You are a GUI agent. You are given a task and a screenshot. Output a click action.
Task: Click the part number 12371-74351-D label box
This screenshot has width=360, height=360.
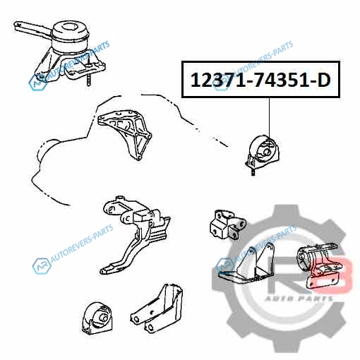[x=260, y=79]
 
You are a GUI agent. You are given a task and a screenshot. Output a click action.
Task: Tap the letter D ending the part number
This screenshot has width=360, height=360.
[x=323, y=80]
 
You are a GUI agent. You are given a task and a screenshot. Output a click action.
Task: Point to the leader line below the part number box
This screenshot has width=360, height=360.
[x=269, y=116]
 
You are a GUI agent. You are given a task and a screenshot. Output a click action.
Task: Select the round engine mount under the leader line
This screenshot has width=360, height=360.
[x=262, y=152]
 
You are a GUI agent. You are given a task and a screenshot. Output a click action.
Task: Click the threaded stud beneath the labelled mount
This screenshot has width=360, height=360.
[x=253, y=172]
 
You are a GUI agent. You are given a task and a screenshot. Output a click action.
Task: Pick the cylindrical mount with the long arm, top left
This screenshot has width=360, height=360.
[x=59, y=51]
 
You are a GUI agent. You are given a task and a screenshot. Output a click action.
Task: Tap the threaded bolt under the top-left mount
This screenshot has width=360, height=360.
[x=89, y=80]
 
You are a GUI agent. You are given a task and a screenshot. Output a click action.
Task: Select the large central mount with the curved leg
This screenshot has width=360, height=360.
[x=134, y=234]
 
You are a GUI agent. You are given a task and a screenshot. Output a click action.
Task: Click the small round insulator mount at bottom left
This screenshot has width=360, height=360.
[x=97, y=318]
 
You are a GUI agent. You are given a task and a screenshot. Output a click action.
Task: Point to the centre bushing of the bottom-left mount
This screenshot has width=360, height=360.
[x=104, y=318]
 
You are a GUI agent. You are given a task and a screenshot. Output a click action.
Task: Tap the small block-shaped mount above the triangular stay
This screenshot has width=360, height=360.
[x=227, y=224]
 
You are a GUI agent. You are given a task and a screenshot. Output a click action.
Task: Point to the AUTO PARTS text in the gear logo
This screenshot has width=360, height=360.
[x=299, y=299]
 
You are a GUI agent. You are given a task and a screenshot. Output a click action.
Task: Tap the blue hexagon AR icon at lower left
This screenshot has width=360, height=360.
[x=42, y=266]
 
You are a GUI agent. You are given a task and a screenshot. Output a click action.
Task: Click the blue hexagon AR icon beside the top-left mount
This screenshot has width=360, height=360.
[x=37, y=83]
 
